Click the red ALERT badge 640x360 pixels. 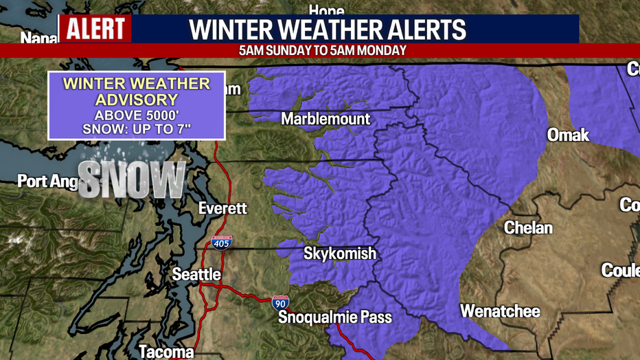pyautogui.click(x=95, y=29)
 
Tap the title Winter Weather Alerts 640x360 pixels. pyautogui.click(x=328, y=30)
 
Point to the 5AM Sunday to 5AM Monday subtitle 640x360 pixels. pyautogui.click(x=323, y=50)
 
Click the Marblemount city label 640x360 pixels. pyautogui.click(x=325, y=119)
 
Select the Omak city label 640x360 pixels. pyautogui.click(x=568, y=135)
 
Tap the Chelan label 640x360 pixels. pyautogui.click(x=528, y=227)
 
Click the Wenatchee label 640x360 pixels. pyautogui.click(x=500, y=311)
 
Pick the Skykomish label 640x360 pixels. pyautogui.click(x=340, y=254)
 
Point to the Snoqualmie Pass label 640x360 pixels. pyautogui.click(x=335, y=317)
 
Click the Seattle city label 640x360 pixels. pyautogui.click(x=196, y=274)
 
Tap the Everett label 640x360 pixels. pyautogui.click(x=222, y=207)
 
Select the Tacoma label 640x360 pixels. pyautogui.click(x=166, y=352)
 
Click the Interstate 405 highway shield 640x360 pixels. pyautogui.click(x=222, y=242)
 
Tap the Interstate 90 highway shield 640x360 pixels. pyautogui.click(x=280, y=302)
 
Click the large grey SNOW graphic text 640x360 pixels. pyautogui.click(x=132, y=180)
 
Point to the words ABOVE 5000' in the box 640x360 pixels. pyautogui.click(x=137, y=115)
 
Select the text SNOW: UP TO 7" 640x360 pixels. pyautogui.click(x=137, y=129)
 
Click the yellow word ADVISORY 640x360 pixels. pyautogui.click(x=137, y=100)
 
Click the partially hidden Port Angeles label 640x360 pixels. pyautogui.click(x=47, y=181)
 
